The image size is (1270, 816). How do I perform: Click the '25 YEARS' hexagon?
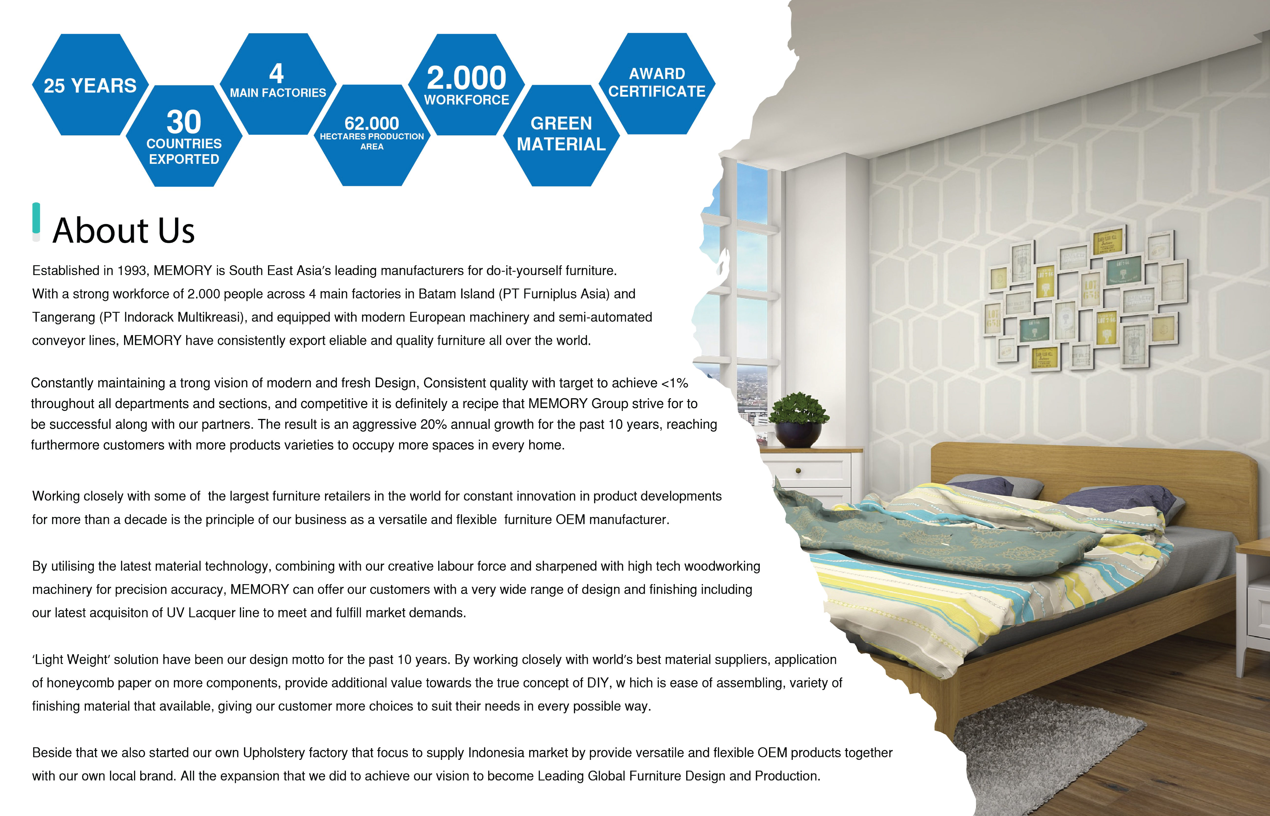(90, 85)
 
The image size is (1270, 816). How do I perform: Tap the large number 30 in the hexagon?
(184, 122)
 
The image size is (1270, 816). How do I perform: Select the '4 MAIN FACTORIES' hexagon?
(278, 84)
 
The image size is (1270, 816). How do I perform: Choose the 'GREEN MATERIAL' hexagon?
(561, 135)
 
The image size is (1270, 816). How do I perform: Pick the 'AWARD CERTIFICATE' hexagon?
(657, 83)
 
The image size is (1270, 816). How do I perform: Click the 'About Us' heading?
(123, 231)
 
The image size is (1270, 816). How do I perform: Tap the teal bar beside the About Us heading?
(36, 218)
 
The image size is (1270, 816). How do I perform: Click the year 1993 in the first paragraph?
(132, 271)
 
